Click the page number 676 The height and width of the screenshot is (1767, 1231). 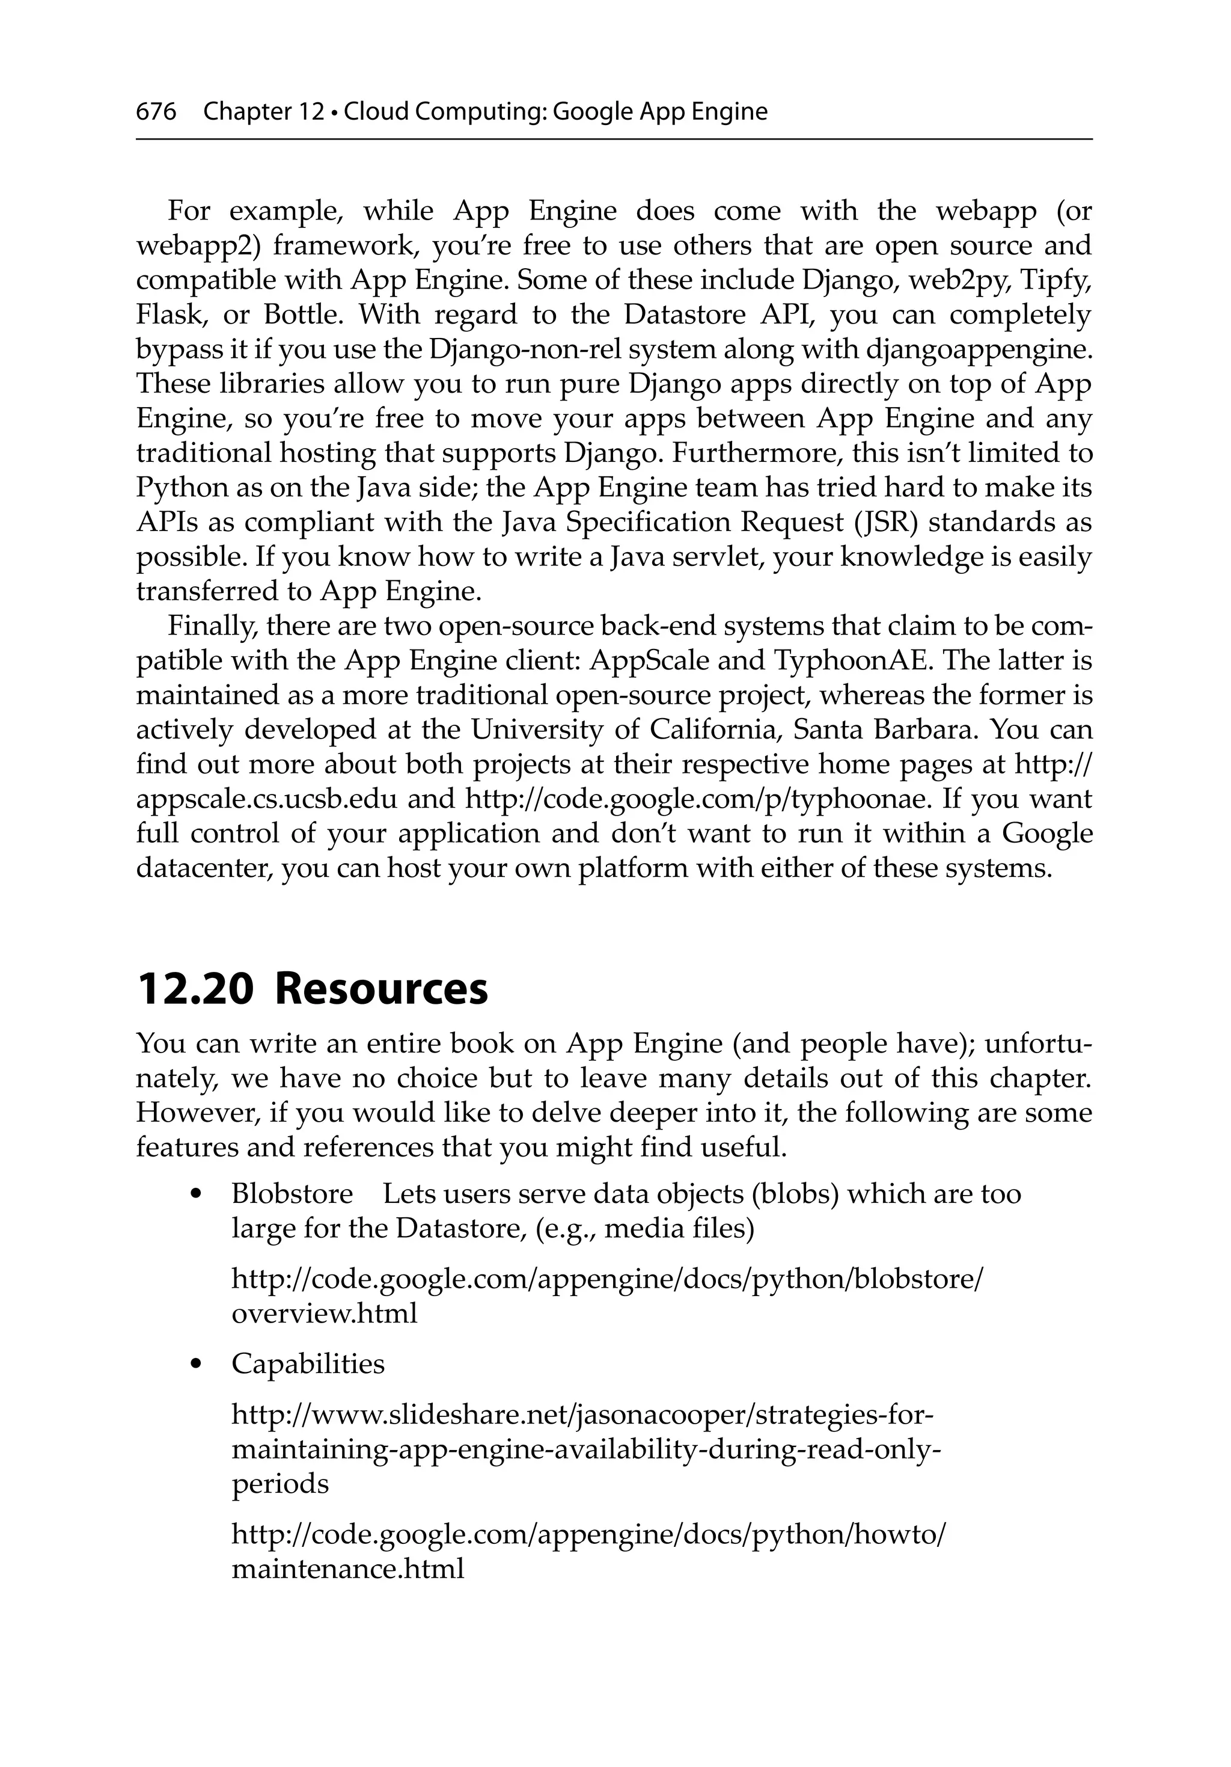[x=156, y=112]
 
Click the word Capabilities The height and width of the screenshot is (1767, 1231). [x=308, y=1363]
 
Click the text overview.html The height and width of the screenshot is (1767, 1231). [x=324, y=1312]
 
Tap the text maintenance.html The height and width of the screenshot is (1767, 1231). [x=348, y=1568]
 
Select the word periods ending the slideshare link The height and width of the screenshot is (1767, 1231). [x=280, y=1483]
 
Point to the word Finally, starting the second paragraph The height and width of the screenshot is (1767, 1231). [x=212, y=625]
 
